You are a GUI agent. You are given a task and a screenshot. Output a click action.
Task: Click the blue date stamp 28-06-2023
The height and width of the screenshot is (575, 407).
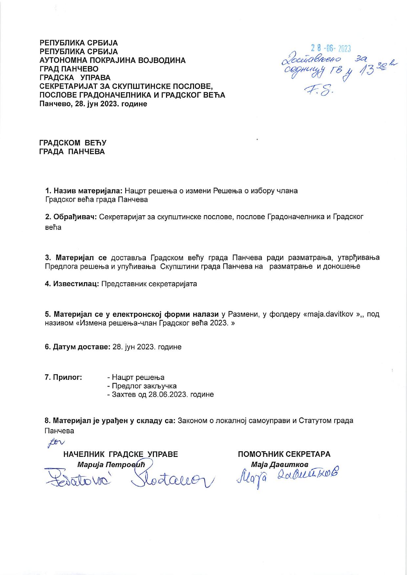(x=331, y=49)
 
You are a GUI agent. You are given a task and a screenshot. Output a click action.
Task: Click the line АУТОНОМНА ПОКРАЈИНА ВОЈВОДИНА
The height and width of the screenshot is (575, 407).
(x=112, y=60)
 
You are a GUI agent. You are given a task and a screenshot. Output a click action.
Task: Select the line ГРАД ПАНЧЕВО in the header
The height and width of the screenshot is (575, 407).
(x=69, y=69)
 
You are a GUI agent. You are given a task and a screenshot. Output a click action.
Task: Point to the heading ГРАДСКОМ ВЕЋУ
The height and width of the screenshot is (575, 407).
(x=73, y=143)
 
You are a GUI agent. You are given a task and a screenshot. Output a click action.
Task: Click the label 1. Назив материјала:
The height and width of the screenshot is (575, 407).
(x=84, y=191)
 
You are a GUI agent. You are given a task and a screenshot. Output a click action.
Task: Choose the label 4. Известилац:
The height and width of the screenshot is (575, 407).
(x=72, y=284)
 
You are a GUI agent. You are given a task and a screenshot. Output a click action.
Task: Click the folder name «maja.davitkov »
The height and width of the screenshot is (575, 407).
(x=332, y=314)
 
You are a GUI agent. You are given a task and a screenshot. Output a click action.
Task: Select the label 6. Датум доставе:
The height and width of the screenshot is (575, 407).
(x=77, y=347)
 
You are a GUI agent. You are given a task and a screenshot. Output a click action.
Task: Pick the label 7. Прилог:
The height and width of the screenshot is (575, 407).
(x=63, y=377)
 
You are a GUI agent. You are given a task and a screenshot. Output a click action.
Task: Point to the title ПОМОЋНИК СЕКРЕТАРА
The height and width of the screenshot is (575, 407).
(x=284, y=454)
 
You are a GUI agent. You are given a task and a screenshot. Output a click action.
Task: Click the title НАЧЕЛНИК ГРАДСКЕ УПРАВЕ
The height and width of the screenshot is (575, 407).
(x=120, y=454)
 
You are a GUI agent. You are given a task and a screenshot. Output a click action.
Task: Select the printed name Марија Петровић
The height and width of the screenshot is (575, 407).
(x=111, y=465)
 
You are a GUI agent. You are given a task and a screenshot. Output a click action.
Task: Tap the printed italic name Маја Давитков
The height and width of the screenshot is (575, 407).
(x=279, y=465)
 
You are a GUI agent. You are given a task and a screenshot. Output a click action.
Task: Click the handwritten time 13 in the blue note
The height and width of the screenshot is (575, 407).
(x=366, y=70)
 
